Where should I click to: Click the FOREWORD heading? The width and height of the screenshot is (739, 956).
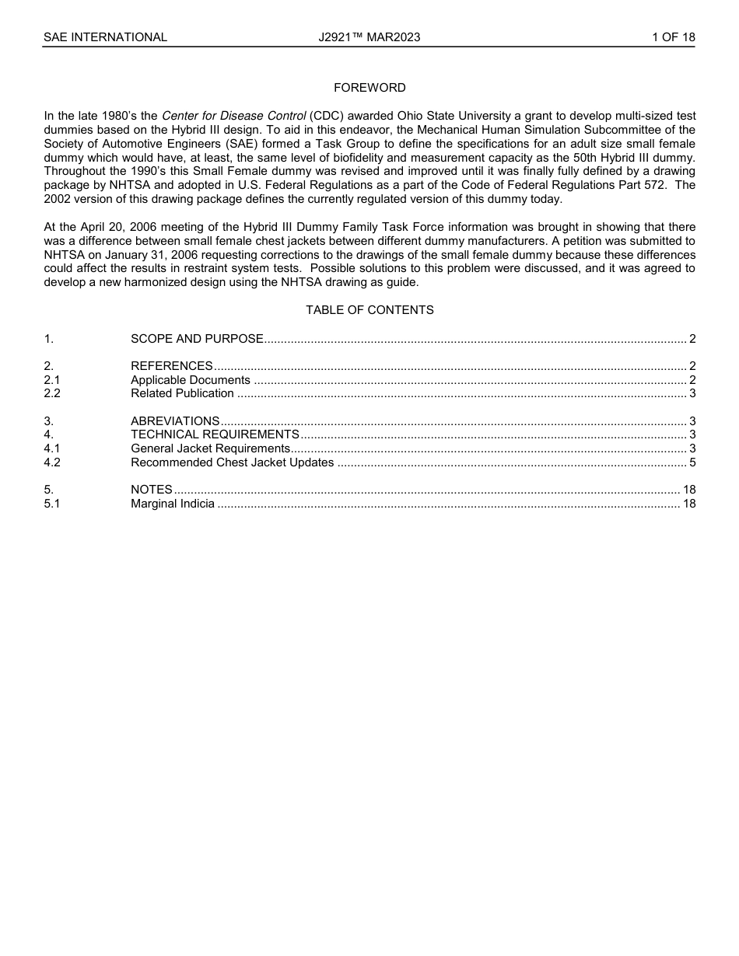tap(369, 88)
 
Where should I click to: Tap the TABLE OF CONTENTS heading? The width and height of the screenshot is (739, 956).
tap(369, 310)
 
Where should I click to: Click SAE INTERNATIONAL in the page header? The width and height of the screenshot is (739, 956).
tap(105, 37)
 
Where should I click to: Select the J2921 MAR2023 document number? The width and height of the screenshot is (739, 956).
tap(369, 37)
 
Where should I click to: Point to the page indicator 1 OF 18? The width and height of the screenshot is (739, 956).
tap(673, 37)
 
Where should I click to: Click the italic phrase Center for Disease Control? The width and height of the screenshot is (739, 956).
tap(233, 116)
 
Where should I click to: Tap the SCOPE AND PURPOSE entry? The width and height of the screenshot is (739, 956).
tap(197, 339)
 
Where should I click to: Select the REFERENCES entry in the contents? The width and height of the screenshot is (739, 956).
tap(171, 366)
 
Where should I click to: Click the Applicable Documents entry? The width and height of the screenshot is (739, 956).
tap(190, 380)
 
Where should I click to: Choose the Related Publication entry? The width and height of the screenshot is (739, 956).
tap(182, 393)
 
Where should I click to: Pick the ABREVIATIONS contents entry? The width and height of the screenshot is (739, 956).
tap(175, 421)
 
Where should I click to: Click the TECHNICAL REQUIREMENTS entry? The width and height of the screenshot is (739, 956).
tap(215, 434)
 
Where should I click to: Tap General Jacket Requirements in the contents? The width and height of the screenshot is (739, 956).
tap(210, 448)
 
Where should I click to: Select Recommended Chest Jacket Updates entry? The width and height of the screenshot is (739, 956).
tap(232, 462)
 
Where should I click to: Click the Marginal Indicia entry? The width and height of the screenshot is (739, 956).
tap(172, 504)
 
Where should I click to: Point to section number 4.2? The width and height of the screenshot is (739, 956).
tap(52, 462)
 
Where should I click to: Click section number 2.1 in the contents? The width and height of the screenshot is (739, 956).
tap(52, 380)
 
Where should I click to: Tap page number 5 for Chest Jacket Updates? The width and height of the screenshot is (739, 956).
tap(692, 462)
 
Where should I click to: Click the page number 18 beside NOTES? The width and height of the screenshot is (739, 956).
tap(688, 490)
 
